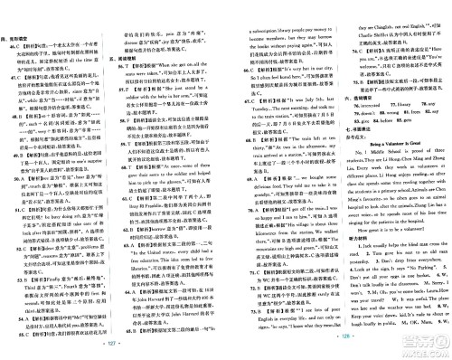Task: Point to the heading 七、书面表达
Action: coord(348,156)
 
